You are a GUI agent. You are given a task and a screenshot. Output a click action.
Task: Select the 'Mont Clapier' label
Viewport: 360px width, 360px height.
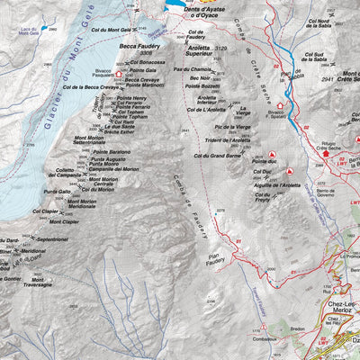[64, 220]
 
